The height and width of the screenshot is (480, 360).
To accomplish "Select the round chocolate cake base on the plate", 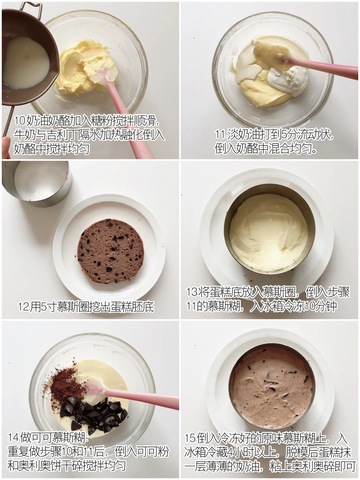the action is coord(111,251).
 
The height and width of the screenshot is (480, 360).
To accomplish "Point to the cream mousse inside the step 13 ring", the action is coord(269,233).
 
